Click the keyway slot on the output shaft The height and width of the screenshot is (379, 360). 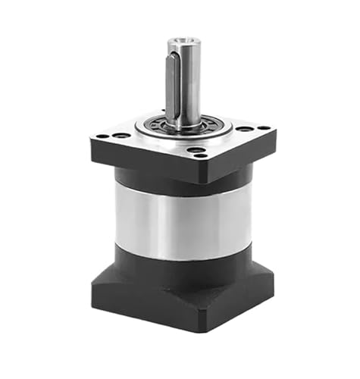coord(172,83)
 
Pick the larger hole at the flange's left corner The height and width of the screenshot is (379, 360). coord(121,136)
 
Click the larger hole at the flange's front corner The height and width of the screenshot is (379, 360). coord(196,150)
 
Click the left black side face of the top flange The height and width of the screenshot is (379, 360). coord(144,161)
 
